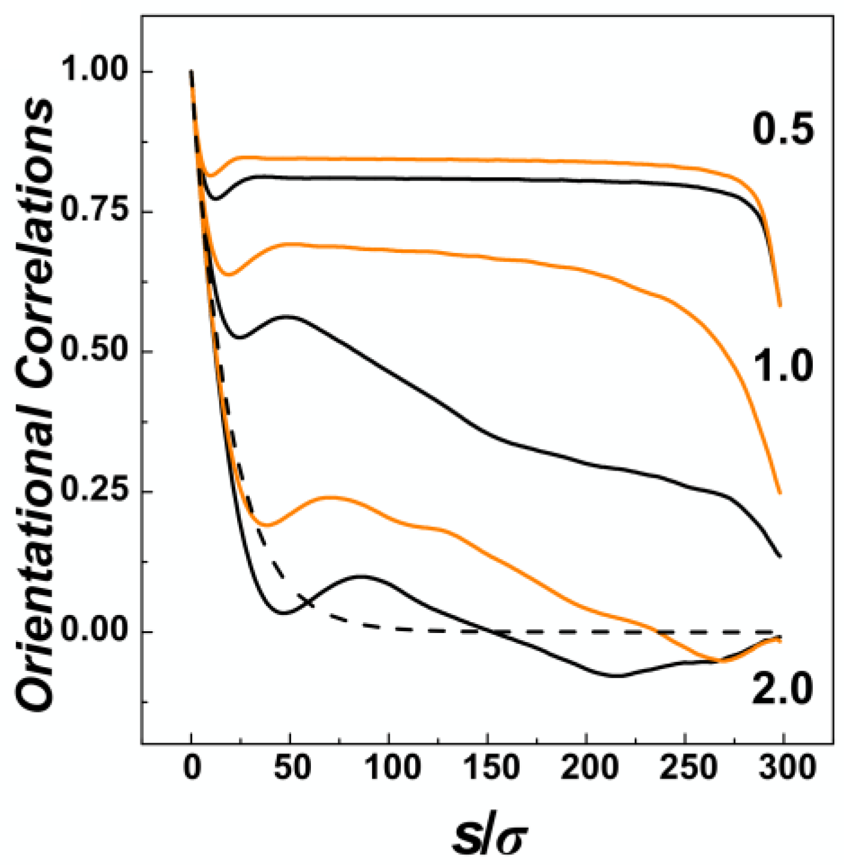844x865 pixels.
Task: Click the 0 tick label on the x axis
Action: [192, 768]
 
